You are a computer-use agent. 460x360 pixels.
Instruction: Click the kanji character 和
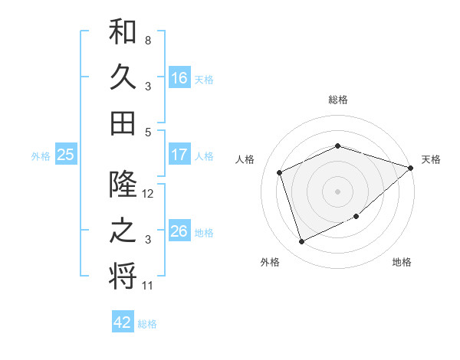123,32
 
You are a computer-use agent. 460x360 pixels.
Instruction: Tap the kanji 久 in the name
123,77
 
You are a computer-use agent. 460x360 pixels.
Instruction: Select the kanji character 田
123,123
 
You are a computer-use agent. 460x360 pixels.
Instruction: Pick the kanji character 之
123,231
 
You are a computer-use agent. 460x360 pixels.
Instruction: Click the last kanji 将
123,276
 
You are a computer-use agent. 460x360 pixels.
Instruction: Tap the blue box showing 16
179,77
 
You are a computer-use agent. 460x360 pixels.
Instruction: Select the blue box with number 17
179,155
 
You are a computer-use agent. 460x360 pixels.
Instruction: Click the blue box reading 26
179,231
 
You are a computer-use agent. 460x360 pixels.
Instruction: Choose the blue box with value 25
65,155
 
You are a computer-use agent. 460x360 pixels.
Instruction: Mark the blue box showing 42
123,322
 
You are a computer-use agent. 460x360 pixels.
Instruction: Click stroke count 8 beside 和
147,40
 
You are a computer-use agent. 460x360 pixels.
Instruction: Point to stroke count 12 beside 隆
149,194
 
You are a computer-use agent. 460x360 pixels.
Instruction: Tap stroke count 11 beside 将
149,286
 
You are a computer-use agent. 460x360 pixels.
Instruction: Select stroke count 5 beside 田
147,132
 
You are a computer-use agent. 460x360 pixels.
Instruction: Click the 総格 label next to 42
147,324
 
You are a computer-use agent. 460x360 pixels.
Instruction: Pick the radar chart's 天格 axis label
431,159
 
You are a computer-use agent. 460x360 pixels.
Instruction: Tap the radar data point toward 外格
302,242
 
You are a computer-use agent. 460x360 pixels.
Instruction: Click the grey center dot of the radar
337,191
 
